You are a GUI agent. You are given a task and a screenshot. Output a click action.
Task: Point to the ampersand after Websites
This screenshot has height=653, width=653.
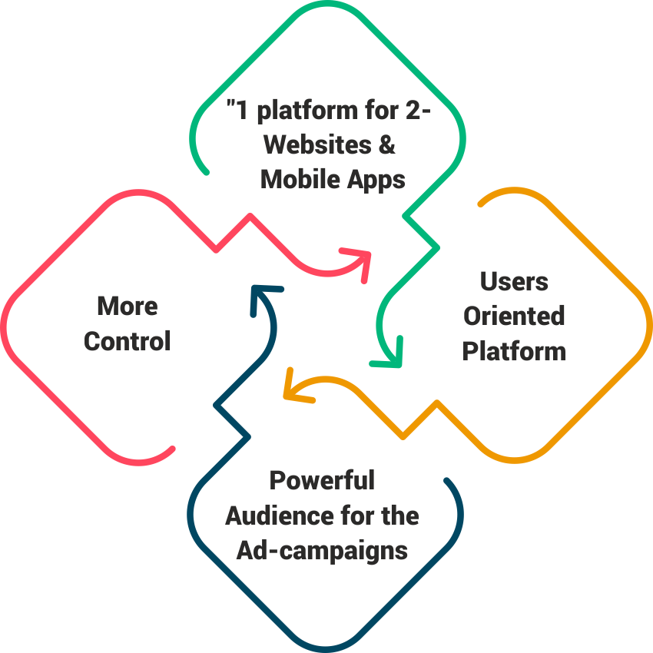coord(388,145)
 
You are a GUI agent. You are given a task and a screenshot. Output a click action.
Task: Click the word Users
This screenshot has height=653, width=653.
coord(514,281)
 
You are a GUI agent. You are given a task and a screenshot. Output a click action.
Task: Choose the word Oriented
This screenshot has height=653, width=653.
coord(514,316)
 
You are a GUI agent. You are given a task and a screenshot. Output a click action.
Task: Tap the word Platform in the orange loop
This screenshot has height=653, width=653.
coord(514,351)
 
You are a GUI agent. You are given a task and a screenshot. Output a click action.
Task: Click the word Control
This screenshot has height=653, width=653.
coord(127,340)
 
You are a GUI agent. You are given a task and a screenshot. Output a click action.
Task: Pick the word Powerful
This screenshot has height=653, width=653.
coord(322,480)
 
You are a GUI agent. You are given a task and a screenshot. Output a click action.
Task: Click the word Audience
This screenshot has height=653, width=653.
coord(269,515)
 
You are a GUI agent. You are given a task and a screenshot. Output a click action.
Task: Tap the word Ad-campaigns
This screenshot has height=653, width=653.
coord(322,550)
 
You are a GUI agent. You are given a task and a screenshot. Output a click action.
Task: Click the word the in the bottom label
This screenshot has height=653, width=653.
coord(399,515)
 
